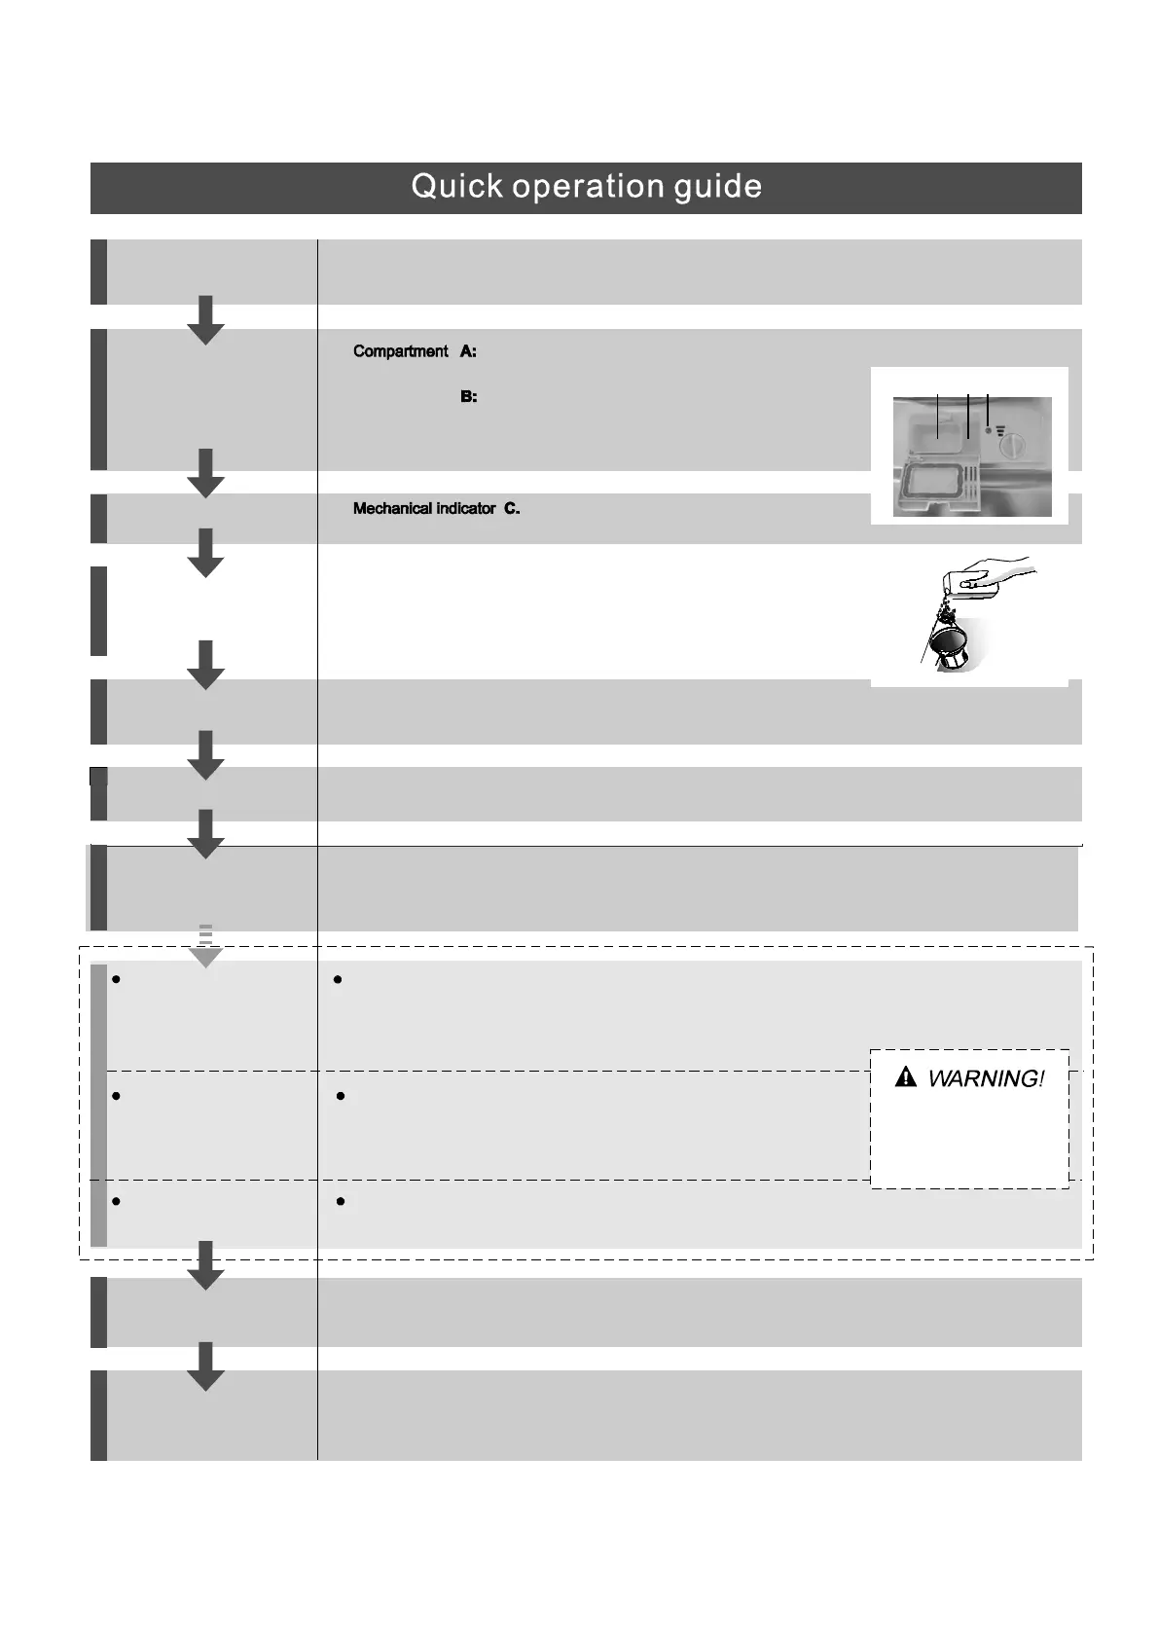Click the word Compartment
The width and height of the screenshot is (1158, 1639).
(x=400, y=351)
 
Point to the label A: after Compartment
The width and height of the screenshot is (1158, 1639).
(x=468, y=351)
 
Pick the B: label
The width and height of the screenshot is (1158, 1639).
(x=468, y=397)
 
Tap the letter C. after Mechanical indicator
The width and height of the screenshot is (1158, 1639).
(x=512, y=509)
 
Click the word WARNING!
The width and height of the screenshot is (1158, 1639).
(x=985, y=1078)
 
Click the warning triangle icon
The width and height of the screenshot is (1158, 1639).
(x=906, y=1077)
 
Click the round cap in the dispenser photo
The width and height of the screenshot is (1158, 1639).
(x=1013, y=448)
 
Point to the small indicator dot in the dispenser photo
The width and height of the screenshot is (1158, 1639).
(x=988, y=429)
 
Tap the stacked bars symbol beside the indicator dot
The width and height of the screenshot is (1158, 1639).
(x=1000, y=429)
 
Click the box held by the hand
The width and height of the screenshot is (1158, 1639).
(x=967, y=581)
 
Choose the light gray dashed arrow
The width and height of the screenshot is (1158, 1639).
(x=205, y=946)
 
